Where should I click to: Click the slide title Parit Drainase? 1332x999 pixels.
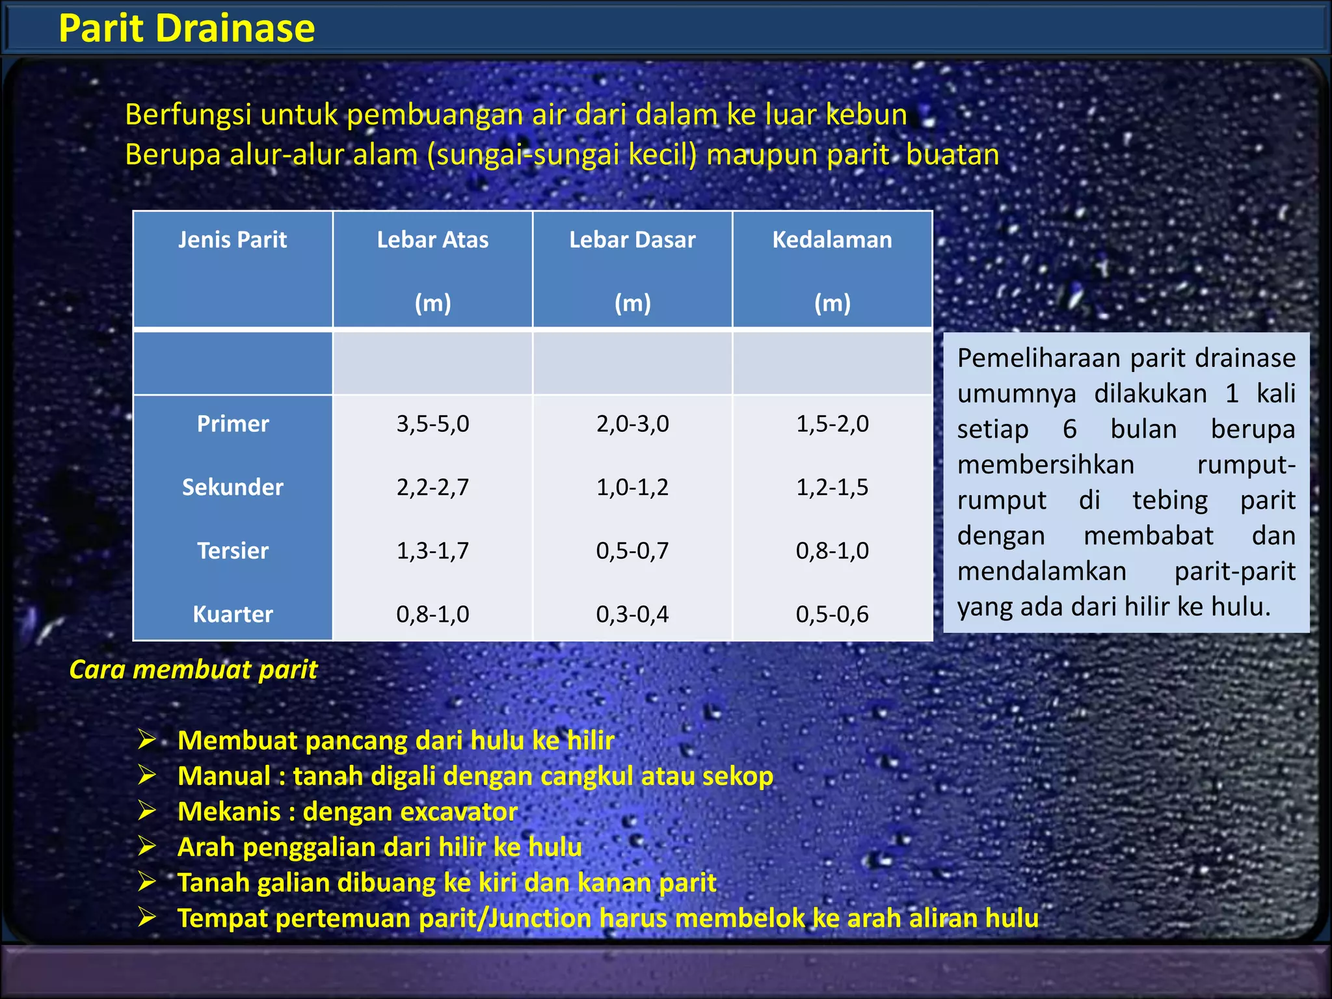tap(187, 29)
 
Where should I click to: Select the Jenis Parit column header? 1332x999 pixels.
tap(232, 240)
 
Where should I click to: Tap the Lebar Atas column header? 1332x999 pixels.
tap(433, 240)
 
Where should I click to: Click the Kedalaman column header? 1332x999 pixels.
tap(832, 240)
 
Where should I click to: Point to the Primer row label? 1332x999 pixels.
tap(233, 424)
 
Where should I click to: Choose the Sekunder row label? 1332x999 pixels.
tap(233, 487)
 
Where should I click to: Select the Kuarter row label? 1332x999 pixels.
tap(233, 614)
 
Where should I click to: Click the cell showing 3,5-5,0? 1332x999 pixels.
tap(433, 424)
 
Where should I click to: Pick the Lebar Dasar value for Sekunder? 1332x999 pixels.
tap(632, 487)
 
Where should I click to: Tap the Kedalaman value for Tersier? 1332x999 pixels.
tap(832, 551)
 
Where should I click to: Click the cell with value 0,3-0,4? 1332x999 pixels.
tap(632, 614)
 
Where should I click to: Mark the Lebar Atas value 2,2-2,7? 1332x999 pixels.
tap(433, 487)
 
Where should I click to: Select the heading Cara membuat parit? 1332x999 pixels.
tap(193, 669)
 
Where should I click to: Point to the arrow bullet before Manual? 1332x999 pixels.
tap(147, 775)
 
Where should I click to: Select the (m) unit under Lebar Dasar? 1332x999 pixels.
tap(632, 303)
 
